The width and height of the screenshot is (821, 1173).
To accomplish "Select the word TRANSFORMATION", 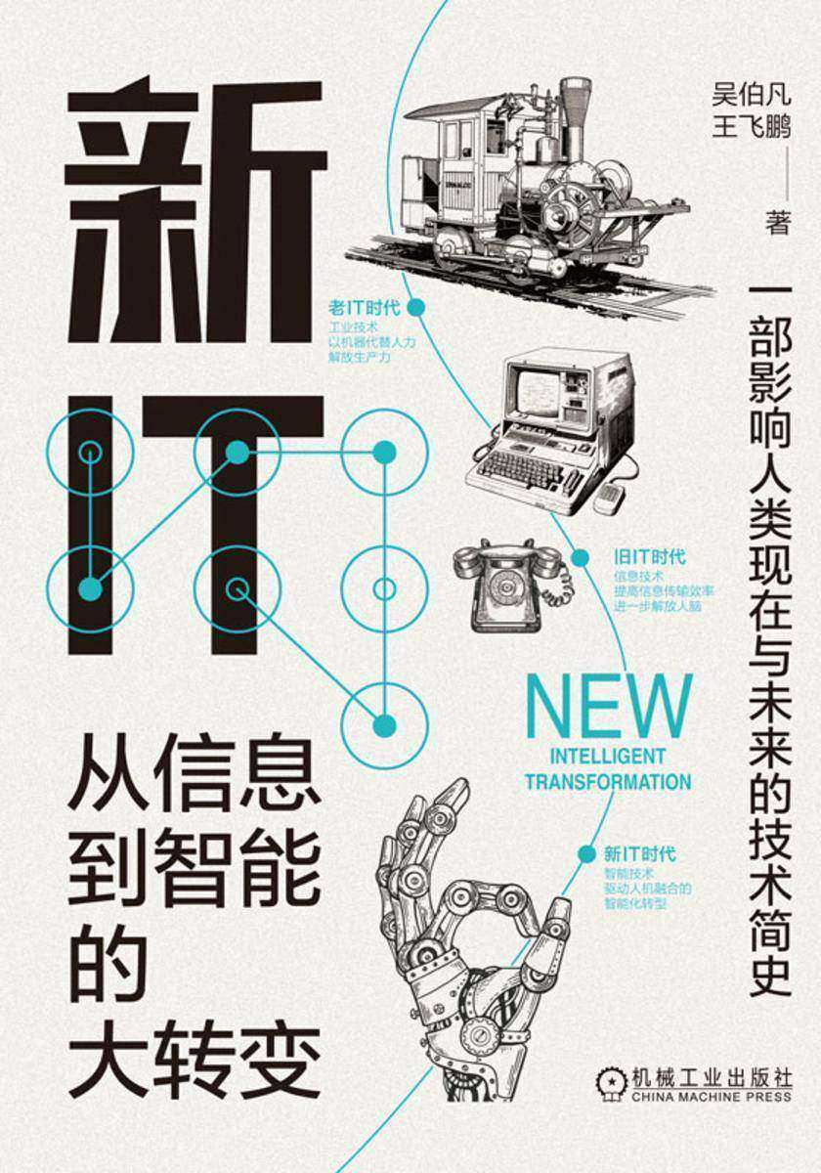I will (607, 781).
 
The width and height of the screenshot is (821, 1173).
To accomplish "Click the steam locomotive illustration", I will (528, 186).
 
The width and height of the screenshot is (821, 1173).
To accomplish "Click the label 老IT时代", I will (366, 307).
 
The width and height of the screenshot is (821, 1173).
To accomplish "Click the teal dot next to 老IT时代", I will (414, 307).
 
